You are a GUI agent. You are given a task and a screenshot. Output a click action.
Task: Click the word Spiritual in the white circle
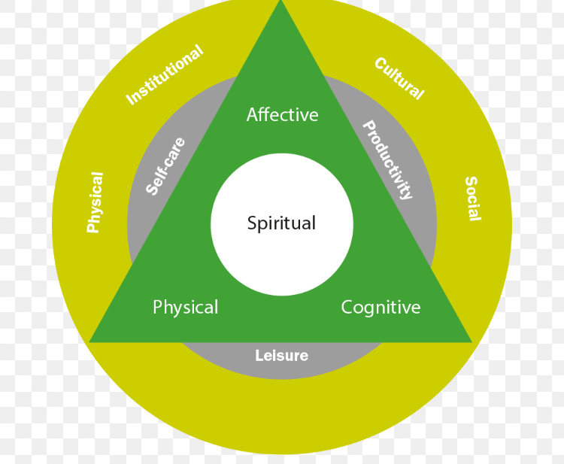coord(281,223)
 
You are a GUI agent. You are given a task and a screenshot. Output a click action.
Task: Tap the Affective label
coord(282,115)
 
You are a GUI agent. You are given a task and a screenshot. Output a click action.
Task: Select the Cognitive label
coord(381,308)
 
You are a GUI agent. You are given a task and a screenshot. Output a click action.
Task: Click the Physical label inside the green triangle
coord(185,308)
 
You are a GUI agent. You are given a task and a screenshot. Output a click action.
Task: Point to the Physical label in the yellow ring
coord(95,202)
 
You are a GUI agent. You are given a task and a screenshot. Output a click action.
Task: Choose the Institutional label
coord(165,75)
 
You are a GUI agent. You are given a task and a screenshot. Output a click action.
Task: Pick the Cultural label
coord(399,78)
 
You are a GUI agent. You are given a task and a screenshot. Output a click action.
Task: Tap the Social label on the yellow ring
coord(472,199)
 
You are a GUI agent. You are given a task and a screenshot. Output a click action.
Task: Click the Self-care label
coord(165,166)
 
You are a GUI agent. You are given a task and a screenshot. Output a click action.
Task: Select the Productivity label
coord(388,159)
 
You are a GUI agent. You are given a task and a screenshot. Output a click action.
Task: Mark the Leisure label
coord(281,356)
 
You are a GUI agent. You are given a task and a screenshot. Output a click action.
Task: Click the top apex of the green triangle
coord(280,3)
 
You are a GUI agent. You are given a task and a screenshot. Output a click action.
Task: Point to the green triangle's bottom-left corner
coord(91,341)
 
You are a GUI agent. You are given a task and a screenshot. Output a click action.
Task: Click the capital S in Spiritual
coord(252,223)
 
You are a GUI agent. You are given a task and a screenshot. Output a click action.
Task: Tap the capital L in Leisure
coord(259,356)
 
